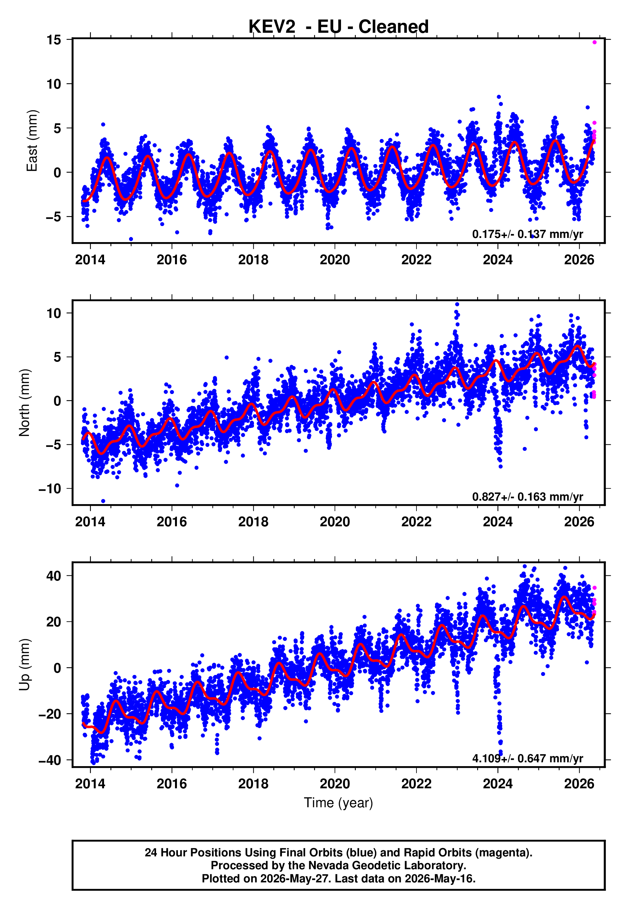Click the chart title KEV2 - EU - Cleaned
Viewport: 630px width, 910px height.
[338, 27]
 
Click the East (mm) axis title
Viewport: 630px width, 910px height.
[32, 141]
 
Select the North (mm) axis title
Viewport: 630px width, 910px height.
[24, 403]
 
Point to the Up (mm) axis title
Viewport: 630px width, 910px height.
[24, 665]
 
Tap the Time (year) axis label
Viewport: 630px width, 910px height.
[338, 803]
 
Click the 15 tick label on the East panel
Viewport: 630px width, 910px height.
[54, 39]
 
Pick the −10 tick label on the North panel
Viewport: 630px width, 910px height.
[50, 488]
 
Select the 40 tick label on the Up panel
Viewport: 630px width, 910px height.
[54, 576]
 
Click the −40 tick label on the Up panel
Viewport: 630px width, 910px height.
[50, 760]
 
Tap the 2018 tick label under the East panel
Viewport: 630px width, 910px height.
[253, 260]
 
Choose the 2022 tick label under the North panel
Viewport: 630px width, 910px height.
[416, 522]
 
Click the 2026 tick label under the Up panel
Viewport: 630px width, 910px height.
[579, 783]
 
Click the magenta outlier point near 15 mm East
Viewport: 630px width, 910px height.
[594, 42]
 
